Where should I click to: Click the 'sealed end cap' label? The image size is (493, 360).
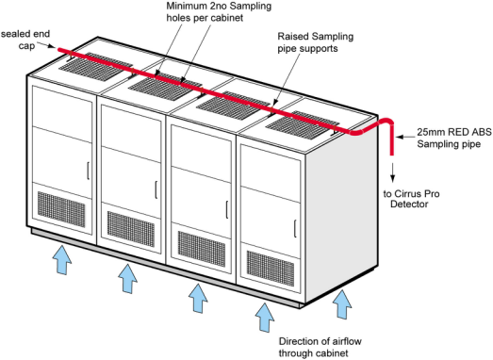[x=25, y=40]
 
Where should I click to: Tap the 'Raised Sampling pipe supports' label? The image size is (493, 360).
[x=316, y=42]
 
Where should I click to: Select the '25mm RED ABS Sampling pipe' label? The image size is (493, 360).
[x=454, y=138]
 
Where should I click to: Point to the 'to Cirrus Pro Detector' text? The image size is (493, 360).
[x=411, y=199]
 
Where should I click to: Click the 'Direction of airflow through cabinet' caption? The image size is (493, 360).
[x=320, y=347]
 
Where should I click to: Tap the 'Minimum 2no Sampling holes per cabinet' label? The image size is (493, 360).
[x=219, y=11]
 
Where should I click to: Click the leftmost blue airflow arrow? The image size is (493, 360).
[x=62, y=260]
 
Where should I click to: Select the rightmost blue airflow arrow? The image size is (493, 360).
[x=342, y=304]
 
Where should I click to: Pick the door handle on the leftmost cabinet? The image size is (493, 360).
[x=88, y=171]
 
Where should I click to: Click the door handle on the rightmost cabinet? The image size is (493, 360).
[x=296, y=229]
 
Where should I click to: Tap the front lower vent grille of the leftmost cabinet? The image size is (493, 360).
[x=61, y=209]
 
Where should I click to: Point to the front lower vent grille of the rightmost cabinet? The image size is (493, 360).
[x=271, y=269]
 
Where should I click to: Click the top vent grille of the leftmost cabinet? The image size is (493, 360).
[x=96, y=66]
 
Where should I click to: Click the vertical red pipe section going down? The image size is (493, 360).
[x=392, y=139]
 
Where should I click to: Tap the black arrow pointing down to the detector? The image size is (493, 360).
[x=392, y=172]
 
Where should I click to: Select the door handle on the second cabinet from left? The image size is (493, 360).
[x=156, y=189]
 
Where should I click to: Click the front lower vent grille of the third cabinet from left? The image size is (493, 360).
[x=202, y=249]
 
